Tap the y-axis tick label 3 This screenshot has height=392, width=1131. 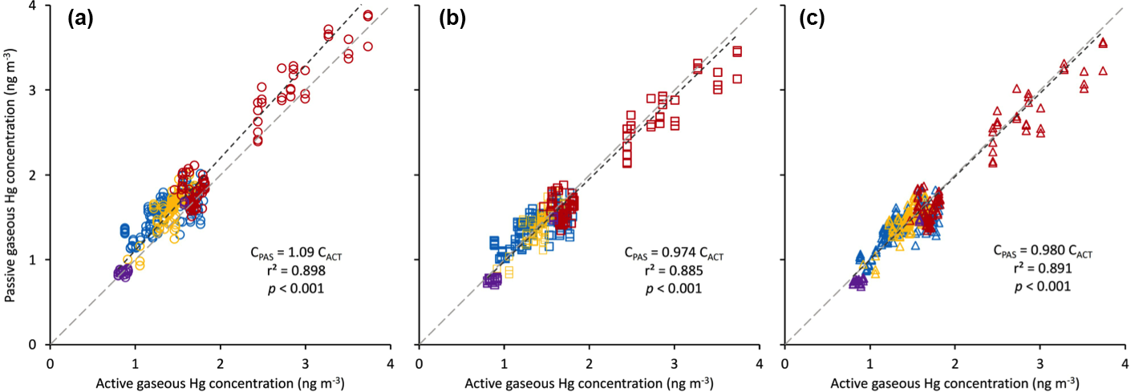33,90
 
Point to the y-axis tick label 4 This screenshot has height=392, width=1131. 33,6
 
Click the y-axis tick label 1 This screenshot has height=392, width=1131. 33,260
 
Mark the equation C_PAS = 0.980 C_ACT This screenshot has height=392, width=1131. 1040,253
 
